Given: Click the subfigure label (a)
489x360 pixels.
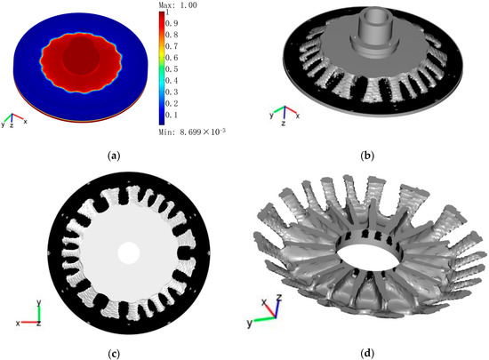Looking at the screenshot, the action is point(114,156).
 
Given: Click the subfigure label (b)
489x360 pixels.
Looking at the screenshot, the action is point(366,156).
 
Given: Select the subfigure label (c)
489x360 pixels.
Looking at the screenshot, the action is point(114,354).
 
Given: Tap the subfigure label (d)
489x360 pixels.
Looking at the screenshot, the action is point(367,354).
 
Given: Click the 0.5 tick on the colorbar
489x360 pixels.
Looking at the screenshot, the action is point(172,68).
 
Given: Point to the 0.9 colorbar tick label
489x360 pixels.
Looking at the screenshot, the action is point(172,23).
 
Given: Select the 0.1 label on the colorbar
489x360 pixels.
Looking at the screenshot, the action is point(172,115).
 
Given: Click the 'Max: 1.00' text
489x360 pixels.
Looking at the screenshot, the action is point(178,5).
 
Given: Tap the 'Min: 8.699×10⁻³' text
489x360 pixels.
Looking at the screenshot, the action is point(192,132).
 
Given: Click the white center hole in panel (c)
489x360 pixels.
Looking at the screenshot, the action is point(129,253).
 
